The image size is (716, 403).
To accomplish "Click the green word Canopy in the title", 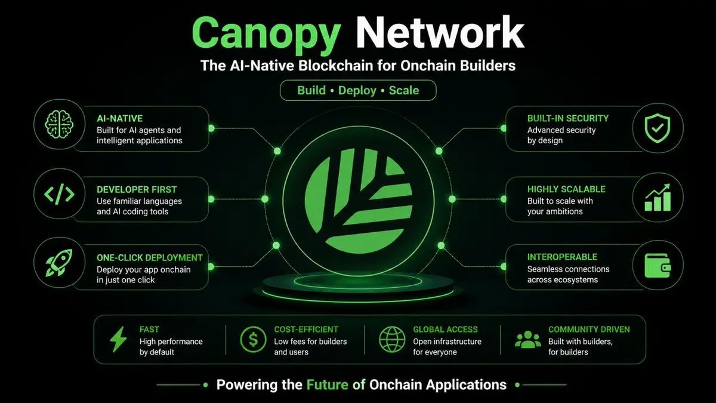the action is [x=266, y=35].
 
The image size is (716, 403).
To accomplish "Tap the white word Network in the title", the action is [x=440, y=32].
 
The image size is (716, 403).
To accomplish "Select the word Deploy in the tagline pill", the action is [x=357, y=91].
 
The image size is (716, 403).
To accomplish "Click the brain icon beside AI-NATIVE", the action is [x=59, y=124].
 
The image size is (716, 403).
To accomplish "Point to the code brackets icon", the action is [x=59, y=194].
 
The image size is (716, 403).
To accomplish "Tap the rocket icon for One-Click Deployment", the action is [x=59, y=263].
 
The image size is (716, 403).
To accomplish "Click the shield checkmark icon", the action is [x=657, y=128].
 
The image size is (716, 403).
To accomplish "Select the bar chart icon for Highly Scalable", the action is [x=658, y=198].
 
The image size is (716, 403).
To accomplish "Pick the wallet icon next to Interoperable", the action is [x=658, y=266].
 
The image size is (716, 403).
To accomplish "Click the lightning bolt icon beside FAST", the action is [x=118, y=339].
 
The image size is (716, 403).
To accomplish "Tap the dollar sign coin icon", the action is [x=253, y=339].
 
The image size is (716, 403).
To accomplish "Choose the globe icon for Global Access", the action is [x=392, y=339].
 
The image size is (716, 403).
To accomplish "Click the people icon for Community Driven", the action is [x=528, y=340].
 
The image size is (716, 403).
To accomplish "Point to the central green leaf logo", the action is [x=359, y=201].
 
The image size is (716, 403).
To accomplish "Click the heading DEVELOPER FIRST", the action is [x=137, y=190].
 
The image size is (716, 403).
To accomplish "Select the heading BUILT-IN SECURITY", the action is [x=567, y=118].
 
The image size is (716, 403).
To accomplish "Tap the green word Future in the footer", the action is [x=328, y=384].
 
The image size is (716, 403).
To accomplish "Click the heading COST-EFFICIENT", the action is [x=306, y=330].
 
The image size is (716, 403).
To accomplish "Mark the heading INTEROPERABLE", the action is [x=562, y=257].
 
